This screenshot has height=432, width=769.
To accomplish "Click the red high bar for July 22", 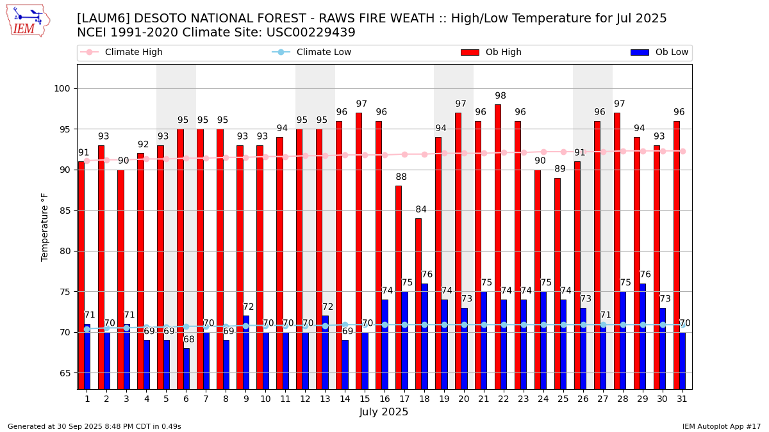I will (498, 246).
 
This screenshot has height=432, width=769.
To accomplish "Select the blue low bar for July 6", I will (186, 369).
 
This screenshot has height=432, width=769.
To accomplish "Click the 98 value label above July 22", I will (500, 96).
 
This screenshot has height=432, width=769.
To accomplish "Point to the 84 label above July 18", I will (421, 210).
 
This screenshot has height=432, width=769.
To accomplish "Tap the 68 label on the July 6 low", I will (189, 340).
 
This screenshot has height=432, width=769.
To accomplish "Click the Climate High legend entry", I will (133, 52).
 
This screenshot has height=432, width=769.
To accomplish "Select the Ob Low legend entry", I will (670, 52).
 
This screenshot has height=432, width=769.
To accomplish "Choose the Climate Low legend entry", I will (324, 52).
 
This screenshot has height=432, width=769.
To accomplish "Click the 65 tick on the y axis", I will (65, 373).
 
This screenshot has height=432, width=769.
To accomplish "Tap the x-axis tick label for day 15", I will (365, 399).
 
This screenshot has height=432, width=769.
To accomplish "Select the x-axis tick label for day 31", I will (682, 399).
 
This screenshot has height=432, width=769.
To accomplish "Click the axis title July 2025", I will (384, 412).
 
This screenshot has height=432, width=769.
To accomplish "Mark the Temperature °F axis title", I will (45, 227).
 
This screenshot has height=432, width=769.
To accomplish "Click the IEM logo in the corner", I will (28, 20).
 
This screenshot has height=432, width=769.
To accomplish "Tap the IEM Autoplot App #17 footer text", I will (721, 426).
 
